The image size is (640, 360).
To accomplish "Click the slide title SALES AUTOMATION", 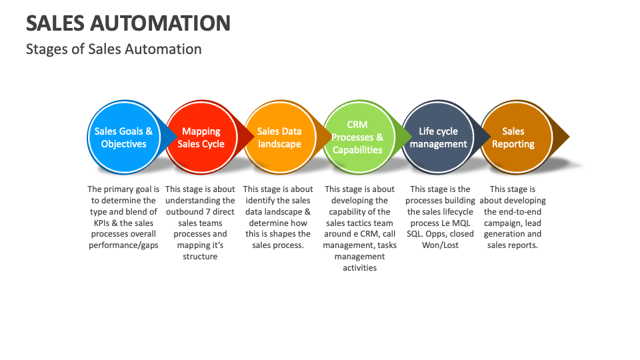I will pyautogui.click(x=128, y=23).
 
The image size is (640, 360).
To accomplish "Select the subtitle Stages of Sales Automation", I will pyautogui.click(x=113, y=49).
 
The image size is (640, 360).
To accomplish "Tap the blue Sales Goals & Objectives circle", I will pyautogui.click(x=123, y=137).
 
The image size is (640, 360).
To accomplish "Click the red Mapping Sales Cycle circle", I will pyautogui.click(x=201, y=137).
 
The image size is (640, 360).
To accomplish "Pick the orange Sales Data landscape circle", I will pyautogui.click(x=279, y=137).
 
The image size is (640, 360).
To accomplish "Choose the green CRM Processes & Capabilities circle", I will pyautogui.click(x=357, y=137).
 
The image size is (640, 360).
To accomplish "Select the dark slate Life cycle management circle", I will pyautogui.click(x=438, y=137).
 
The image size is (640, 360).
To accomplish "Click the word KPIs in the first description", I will pyautogui.click(x=102, y=223).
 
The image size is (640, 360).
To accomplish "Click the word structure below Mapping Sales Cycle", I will pyautogui.click(x=200, y=257).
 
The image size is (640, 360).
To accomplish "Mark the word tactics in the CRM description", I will pyautogui.click(x=360, y=223).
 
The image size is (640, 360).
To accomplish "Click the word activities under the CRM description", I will pyautogui.click(x=360, y=268).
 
